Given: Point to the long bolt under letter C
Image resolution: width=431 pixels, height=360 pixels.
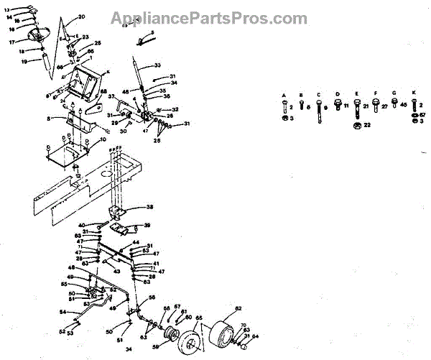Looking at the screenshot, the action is [x=318, y=115].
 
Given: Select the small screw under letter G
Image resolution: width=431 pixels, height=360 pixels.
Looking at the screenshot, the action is [x=394, y=104].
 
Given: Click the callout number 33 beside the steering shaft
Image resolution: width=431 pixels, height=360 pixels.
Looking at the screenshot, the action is [x=158, y=65].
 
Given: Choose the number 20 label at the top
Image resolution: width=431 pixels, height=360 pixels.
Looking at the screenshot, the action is [x=81, y=16].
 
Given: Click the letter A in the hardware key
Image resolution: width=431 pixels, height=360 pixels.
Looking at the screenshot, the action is [x=284, y=94].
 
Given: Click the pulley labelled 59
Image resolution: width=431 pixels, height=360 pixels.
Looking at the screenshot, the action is [x=170, y=336].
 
